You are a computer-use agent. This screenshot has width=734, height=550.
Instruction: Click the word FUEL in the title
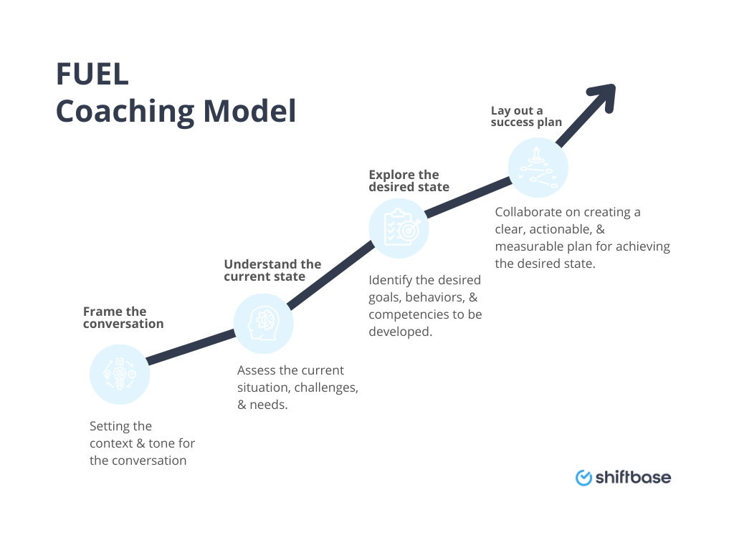point(92,74)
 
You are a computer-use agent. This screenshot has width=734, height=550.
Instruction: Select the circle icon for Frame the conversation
point(120,375)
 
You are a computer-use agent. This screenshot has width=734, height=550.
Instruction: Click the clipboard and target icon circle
point(399,228)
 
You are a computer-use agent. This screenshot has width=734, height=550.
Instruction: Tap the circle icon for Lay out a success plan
point(538,168)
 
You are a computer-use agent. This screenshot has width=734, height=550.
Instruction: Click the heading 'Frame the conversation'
point(123,317)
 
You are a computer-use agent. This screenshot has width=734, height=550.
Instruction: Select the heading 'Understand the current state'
point(272,271)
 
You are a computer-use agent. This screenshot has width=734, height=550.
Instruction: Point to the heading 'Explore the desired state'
point(409,180)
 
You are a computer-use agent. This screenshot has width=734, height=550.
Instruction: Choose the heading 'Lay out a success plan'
point(526,116)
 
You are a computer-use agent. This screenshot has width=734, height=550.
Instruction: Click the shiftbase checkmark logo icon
point(583,477)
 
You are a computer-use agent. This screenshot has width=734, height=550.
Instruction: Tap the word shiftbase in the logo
point(633,477)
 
